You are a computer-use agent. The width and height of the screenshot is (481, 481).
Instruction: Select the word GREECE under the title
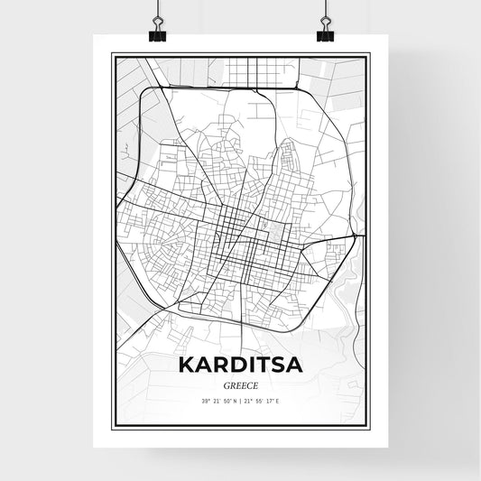click(x=241, y=387)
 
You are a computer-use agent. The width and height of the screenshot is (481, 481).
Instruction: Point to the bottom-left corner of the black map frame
click(x=112, y=427)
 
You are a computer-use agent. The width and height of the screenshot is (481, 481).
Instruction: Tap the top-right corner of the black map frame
click(x=369, y=54)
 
